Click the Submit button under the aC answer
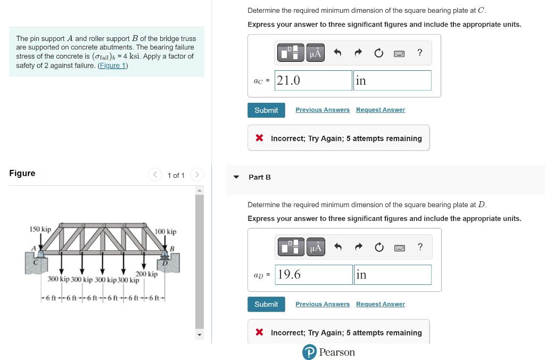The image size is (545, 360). click(266, 110)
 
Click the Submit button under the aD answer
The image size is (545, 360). click(266, 304)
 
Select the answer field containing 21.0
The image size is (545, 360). click(313, 80)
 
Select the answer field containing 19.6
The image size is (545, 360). click(313, 275)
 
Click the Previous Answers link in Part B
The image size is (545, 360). click(323, 304)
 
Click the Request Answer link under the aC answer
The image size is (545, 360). click(380, 110)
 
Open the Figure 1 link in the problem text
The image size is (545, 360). click(112, 66)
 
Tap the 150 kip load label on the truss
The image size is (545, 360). click(40, 229)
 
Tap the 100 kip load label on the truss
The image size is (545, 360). click(166, 232)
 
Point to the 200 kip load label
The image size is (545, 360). click(146, 274)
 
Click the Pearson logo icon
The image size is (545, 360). click(309, 353)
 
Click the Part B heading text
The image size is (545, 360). click(260, 177)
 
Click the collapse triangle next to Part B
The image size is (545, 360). click(236, 177)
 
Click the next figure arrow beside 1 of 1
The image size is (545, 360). click(196, 175)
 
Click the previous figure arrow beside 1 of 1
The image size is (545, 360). click(155, 175)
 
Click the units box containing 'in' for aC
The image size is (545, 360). click(392, 80)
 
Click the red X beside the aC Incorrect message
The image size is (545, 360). click(259, 138)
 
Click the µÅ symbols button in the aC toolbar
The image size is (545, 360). click(316, 53)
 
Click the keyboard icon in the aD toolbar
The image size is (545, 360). click(399, 247)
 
